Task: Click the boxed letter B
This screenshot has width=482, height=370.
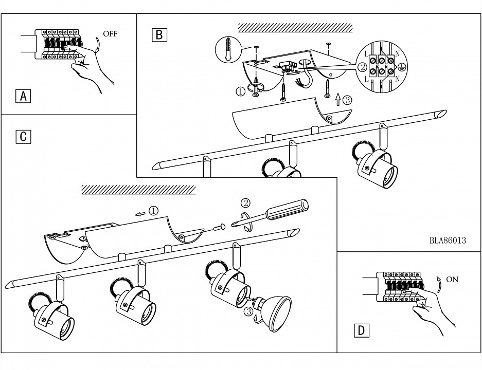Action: (159, 34)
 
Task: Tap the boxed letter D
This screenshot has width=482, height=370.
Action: (362, 330)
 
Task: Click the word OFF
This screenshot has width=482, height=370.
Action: (110, 34)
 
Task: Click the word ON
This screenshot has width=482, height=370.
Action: (452, 280)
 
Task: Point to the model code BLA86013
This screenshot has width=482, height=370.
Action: (447, 240)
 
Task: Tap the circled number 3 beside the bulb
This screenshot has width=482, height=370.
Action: (248, 312)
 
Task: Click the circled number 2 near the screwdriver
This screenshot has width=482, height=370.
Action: (246, 202)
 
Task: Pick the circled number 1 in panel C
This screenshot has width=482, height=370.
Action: (153, 211)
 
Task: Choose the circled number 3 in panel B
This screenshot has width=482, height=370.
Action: (347, 100)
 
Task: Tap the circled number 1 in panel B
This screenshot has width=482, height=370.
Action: (240, 92)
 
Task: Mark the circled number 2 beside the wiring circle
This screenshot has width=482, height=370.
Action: (362, 67)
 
